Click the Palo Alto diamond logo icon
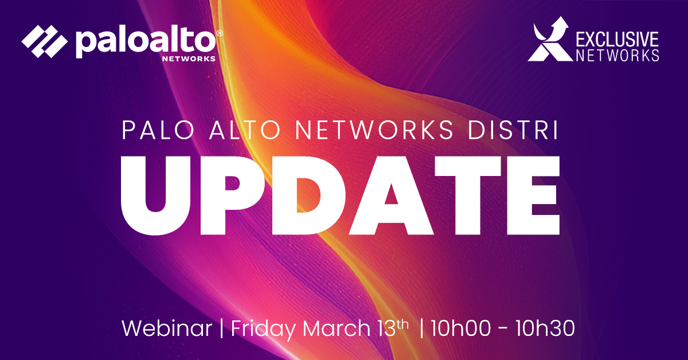coord(45,41)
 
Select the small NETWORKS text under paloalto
coord(189,58)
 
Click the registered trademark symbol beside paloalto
coord(220,33)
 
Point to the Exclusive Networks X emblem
coord(550,40)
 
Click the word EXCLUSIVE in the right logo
coord(617,39)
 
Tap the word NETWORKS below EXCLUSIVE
coord(617,55)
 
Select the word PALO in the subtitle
coord(158,131)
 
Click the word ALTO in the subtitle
coord(245,131)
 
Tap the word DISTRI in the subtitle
coord(513,131)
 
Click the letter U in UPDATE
coord(159,196)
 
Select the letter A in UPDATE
coord(392,195)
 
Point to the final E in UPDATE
coord(533,195)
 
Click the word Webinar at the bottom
coord(167,328)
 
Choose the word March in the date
coord(337,328)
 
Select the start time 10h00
coord(461,328)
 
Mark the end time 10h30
coord(545,328)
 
